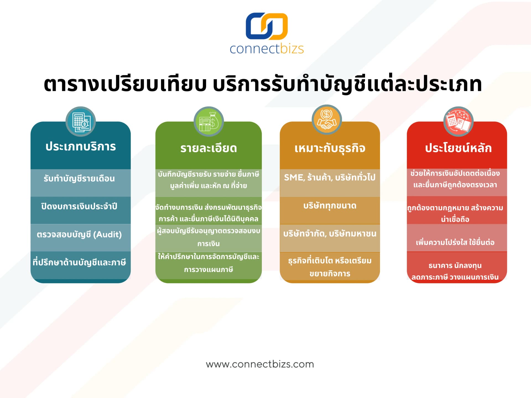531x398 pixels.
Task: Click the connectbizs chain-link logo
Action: [x=267, y=26]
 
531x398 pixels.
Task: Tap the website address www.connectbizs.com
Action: [x=260, y=364]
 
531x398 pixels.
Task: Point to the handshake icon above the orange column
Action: [x=327, y=120]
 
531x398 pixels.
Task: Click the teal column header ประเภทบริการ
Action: [x=80, y=146]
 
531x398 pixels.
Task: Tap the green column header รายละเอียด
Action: [x=209, y=148]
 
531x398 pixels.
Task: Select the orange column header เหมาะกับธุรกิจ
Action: [x=330, y=148]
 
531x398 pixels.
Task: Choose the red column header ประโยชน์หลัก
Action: [x=458, y=148]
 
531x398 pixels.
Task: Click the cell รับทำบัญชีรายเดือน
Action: [x=79, y=179]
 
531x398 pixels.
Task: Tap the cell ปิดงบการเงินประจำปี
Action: [x=79, y=206]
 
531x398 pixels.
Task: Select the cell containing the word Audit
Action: [x=79, y=235]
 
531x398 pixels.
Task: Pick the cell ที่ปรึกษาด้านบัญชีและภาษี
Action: [x=79, y=262]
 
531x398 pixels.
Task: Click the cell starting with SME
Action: [x=330, y=177]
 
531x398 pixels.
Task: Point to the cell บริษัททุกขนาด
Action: [x=330, y=206]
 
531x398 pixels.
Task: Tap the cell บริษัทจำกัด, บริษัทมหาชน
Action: [x=330, y=234]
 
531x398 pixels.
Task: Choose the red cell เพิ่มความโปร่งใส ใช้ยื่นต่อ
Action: [x=455, y=242]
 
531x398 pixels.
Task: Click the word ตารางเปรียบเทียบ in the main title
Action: [x=125, y=84]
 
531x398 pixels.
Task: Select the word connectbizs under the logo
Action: [x=267, y=49]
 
